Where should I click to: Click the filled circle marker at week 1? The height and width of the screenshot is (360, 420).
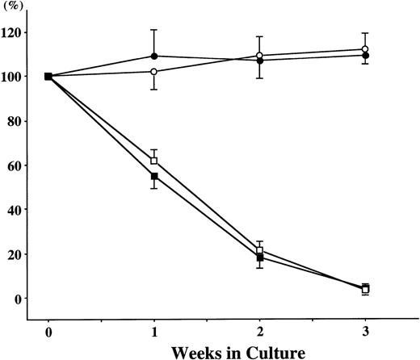[x=153, y=57]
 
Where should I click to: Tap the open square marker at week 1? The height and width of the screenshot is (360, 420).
[x=153, y=161]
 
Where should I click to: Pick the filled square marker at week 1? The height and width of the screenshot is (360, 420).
[x=153, y=176]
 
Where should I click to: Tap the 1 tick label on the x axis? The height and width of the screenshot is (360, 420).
[x=153, y=331]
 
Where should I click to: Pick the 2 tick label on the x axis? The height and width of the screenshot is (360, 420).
[x=259, y=331]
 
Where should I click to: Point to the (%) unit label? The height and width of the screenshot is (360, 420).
[x=15, y=7]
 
